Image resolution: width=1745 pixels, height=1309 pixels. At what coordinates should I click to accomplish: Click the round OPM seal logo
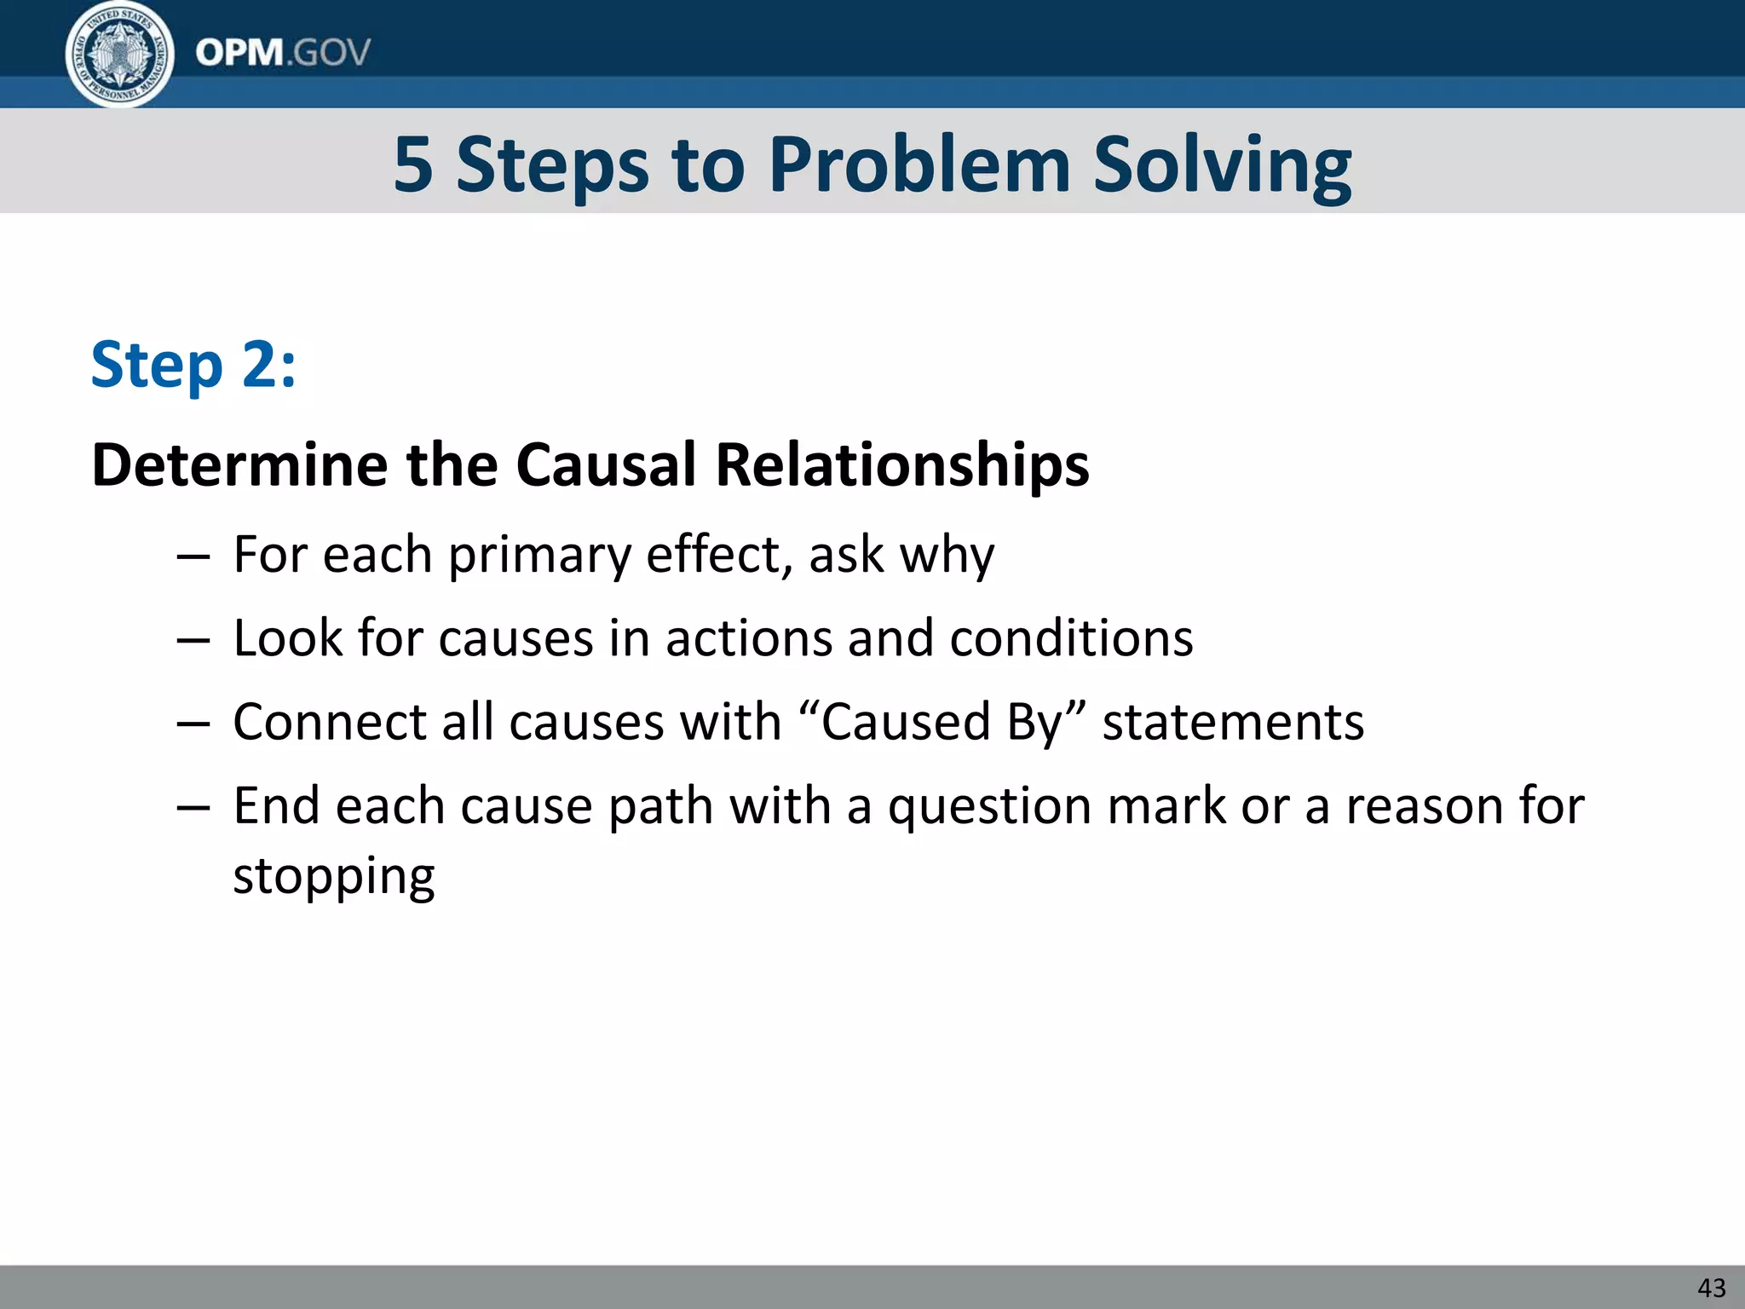pyautogui.click(x=120, y=54)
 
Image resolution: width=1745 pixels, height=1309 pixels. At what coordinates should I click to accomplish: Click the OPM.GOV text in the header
pyautogui.click(x=283, y=53)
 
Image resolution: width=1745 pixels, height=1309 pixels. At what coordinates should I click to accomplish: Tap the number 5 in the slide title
pyautogui.click(x=413, y=164)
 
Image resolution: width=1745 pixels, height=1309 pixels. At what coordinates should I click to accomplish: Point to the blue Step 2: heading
pyautogui.click(x=193, y=365)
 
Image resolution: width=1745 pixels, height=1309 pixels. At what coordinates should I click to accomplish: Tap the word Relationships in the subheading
pyautogui.click(x=902, y=465)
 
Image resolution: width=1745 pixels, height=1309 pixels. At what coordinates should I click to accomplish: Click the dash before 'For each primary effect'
pyautogui.click(x=193, y=556)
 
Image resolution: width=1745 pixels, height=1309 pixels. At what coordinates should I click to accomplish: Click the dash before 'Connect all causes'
pyautogui.click(x=193, y=724)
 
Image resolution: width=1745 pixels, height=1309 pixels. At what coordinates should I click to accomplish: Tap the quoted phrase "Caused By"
pyautogui.click(x=945, y=723)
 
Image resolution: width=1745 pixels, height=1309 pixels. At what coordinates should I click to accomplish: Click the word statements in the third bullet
pyautogui.click(x=1233, y=723)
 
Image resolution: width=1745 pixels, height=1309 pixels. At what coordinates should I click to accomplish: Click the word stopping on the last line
pyautogui.click(x=334, y=877)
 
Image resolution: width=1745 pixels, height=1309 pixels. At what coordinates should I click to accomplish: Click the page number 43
pyautogui.click(x=1711, y=1288)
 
